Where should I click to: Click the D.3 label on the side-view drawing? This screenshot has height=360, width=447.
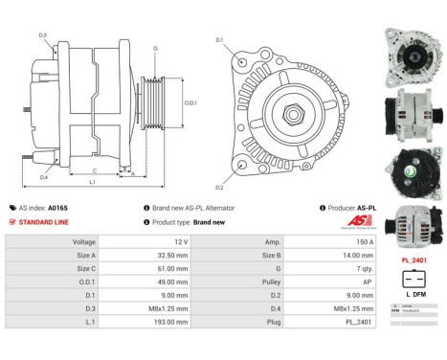pos(44,34)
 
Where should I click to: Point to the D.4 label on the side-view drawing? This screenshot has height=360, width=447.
pos(44,177)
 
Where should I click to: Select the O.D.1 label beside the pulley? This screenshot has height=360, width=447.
pos(190,102)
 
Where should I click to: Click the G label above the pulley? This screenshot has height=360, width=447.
pos(155,47)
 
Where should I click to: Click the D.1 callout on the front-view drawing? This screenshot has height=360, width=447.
pos(219,39)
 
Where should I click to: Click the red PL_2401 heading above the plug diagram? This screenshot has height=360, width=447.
pos(413,259)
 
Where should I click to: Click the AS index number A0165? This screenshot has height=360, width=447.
pos(57,207)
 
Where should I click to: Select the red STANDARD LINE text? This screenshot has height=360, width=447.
pos(44,221)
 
